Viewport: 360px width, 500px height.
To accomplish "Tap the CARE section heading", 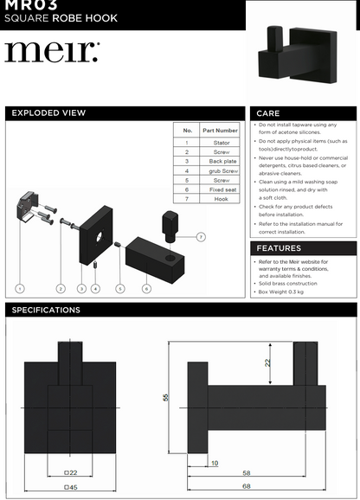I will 269,113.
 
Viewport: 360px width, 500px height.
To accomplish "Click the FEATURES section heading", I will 280,248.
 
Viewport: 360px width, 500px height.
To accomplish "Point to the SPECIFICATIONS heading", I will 46,310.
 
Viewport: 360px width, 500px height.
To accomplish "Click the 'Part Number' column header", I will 220,131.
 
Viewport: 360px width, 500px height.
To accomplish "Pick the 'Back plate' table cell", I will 220,161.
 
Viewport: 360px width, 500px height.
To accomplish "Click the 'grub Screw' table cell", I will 220,170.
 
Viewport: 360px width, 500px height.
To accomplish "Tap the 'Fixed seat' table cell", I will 220,189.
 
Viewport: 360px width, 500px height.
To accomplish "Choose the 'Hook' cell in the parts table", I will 220,199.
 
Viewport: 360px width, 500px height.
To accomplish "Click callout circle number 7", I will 201,236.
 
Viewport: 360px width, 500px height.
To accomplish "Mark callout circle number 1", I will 19,288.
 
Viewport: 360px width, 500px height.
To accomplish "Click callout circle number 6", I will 146,288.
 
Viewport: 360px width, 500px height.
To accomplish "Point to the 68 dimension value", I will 247,487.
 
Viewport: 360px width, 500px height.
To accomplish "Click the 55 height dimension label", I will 165,396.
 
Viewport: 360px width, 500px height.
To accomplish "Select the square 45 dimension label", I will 70,487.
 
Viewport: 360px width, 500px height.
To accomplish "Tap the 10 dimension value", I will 215,464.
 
